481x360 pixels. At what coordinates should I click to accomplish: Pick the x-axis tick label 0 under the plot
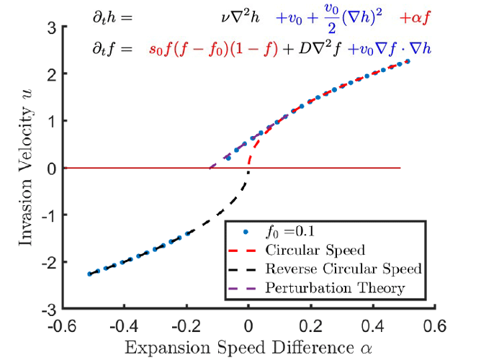click(248, 325)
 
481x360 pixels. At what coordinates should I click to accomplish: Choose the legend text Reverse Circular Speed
click(343, 269)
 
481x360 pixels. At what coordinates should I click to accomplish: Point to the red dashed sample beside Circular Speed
click(247, 251)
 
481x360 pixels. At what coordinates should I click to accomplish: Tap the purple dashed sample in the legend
click(247, 288)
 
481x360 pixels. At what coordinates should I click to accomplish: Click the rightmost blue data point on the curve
click(408, 61)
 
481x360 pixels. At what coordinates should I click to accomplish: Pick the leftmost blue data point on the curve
click(89, 274)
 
